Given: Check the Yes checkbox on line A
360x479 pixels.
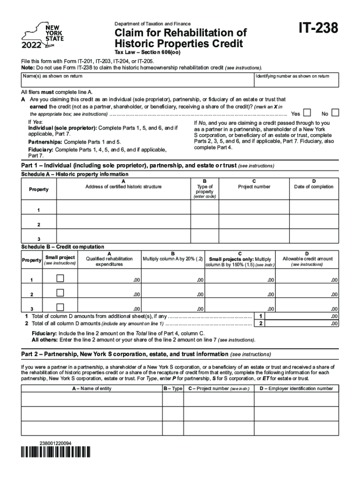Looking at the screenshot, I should (307, 113).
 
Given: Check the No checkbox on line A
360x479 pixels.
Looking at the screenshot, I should (335, 113).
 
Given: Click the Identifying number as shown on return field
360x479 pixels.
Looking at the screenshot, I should (296, 82).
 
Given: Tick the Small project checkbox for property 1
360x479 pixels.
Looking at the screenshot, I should (60, 279).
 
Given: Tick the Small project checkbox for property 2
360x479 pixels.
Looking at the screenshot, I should (60, 293).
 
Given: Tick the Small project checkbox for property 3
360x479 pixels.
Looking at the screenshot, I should (60, 307).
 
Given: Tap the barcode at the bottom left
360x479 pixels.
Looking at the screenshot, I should (56, 452).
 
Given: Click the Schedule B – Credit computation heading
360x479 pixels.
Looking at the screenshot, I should (63, 247).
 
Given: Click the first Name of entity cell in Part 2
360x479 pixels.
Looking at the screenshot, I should (91, 399).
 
